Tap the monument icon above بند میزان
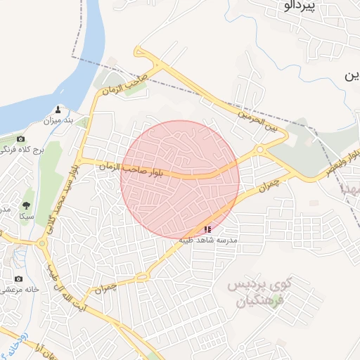pos(59,110)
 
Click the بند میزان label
pos(59,121)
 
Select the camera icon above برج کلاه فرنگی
pos(20,139)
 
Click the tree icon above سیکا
pos(27,205)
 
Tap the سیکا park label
pos(27,217)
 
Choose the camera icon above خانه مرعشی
pos(18,279)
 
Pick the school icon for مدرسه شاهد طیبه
pos(207,229)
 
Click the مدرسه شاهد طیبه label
pos(209,240)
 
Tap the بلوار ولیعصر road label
pos(344,162)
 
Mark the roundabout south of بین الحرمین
pos(260,150)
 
